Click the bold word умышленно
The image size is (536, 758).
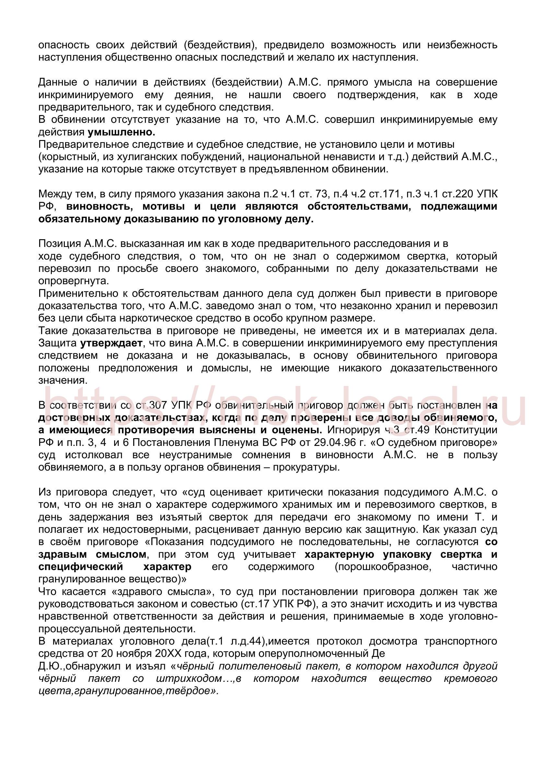coord(121,133)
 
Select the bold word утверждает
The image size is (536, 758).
coord(111,343)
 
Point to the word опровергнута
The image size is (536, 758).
coord(73,281)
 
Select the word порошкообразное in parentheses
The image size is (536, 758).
coord(382,567)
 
